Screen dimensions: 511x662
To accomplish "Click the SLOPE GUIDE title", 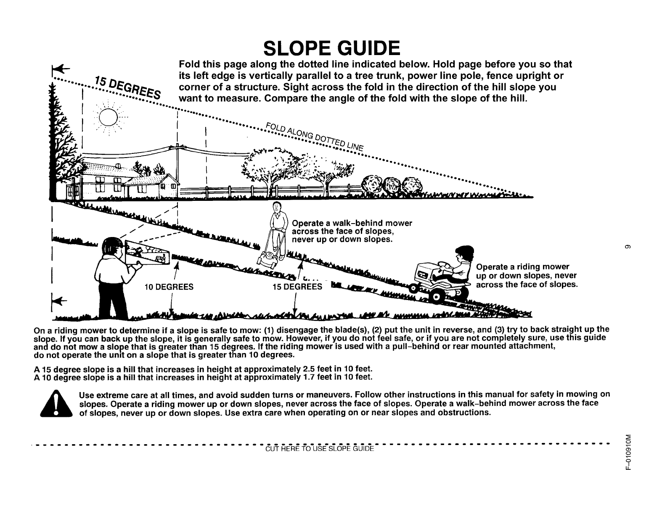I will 331,49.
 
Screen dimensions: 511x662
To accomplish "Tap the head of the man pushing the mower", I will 276,207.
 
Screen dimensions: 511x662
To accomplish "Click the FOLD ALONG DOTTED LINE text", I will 313,135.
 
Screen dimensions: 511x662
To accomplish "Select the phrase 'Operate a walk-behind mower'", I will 352,223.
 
